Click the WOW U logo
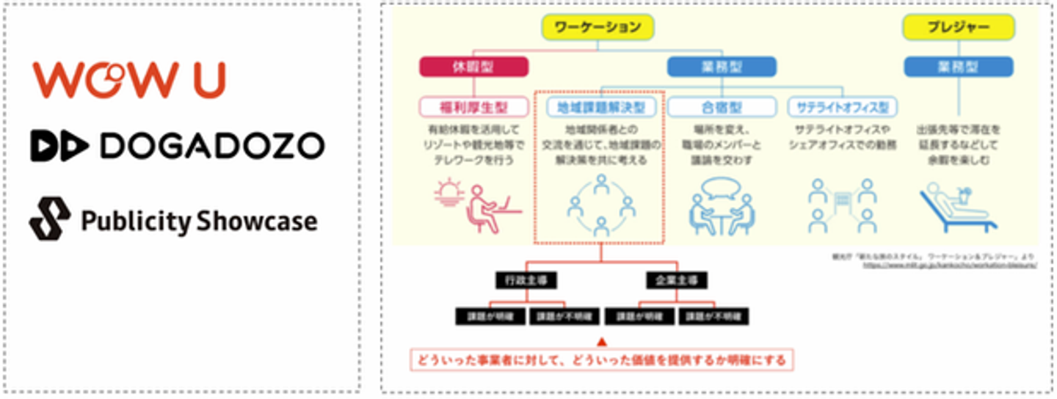point(128,80)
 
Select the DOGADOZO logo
point(177,146)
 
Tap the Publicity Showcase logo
point(173,219)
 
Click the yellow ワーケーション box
point(597,28)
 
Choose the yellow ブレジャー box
point(958,28)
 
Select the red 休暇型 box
point(473,67)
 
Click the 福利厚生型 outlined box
point(473,107)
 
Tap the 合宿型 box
point(722,107)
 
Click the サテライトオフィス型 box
point(842,107)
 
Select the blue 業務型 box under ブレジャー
point(958,67)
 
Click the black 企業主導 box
point(676,279)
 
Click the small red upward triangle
point(601,341)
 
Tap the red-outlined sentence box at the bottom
point(601,360)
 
